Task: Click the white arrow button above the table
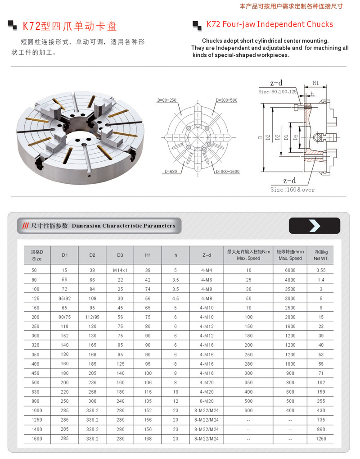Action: point(314,225)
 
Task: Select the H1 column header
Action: point(148,255)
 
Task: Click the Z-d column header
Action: point(207,255)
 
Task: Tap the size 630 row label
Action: point(36,392)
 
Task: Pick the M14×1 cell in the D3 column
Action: point(120,270)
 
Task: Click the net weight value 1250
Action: point(320,438)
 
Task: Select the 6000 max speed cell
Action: point(290,270)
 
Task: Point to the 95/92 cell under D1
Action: point(65,298)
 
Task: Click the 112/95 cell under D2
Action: point(92,317)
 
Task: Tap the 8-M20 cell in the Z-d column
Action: point(207,401)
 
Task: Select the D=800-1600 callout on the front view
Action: point(227,172)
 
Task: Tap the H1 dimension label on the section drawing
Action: point(315,83)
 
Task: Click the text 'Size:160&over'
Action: point(292,190)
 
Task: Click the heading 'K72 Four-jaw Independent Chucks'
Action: point(270,24)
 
